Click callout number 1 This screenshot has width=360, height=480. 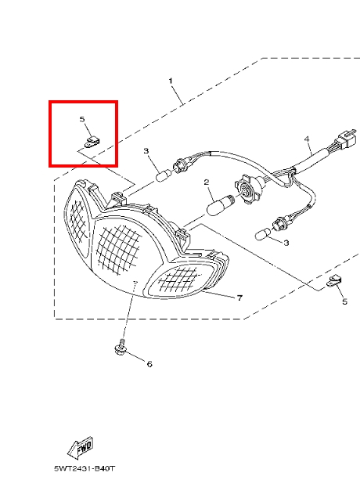tap(171, 81)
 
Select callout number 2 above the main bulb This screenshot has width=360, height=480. tap(207, 182)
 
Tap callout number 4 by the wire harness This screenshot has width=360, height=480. tap(307, 139)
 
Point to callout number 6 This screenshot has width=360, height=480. tap(149, 364)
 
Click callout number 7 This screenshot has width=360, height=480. tap(239, 298)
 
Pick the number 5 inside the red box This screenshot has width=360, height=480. tap(82, 119)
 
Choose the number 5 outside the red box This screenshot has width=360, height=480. tap(344, 301)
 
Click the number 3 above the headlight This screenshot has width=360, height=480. tap(146, 151)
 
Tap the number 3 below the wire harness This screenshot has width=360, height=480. tap(286, 243)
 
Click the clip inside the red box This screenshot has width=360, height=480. tap(92, 143)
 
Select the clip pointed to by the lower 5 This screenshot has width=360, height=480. tap(334, 281)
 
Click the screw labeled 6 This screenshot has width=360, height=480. tap(121, 348)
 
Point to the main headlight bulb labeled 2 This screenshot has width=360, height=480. tap(220, 204)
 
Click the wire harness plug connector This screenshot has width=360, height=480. tap(346, 139)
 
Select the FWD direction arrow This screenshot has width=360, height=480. tap(80, 448)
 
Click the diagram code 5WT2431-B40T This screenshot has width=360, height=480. tap(85, 468)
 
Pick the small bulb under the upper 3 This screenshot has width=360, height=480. tap(163, 176)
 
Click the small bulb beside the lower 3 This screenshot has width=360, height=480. tap(263, 234)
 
